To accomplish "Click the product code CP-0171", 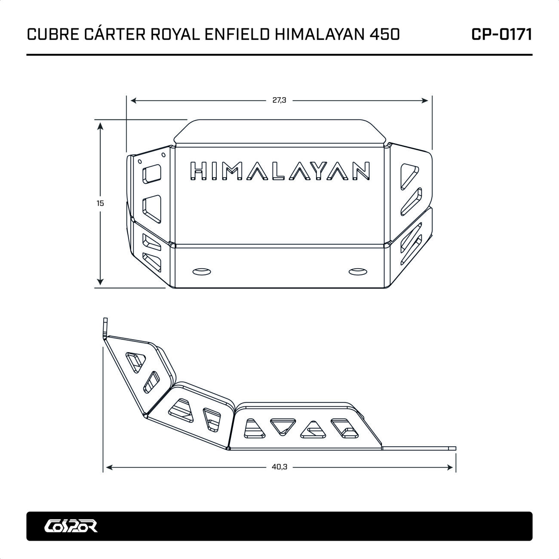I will point(501,34).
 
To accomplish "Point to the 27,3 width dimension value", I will point(279,100).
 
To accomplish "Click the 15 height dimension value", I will point(100,203).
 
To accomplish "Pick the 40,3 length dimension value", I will point(279,467).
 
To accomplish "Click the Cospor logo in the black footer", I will point(71,525).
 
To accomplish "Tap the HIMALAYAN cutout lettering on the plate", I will point(279,171).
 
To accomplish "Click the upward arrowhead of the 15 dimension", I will point(100,126).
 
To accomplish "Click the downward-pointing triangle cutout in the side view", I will point(283,425).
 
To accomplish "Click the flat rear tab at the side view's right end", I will point(419,448).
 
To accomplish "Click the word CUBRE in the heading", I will point(52,34).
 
